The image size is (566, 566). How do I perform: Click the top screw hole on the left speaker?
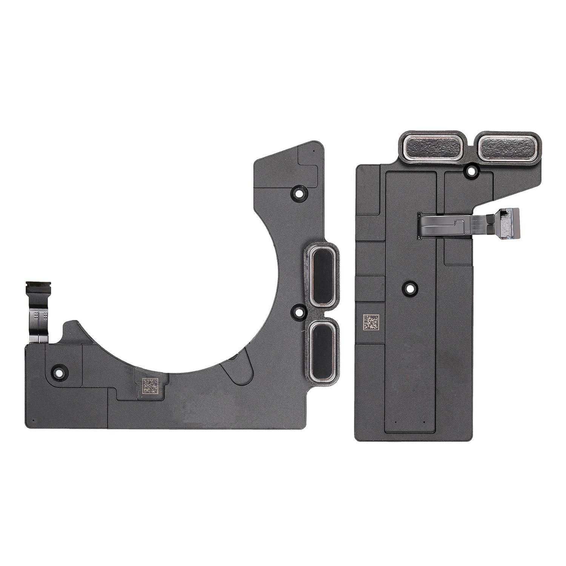tap(299, 193)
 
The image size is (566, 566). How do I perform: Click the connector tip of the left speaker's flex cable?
tap(38, 288)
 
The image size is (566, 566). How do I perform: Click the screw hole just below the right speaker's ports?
tap(471, 172)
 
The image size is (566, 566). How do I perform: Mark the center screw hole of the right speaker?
tap(409, 289)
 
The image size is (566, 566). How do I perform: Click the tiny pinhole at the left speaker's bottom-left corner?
tap(33, 420)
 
